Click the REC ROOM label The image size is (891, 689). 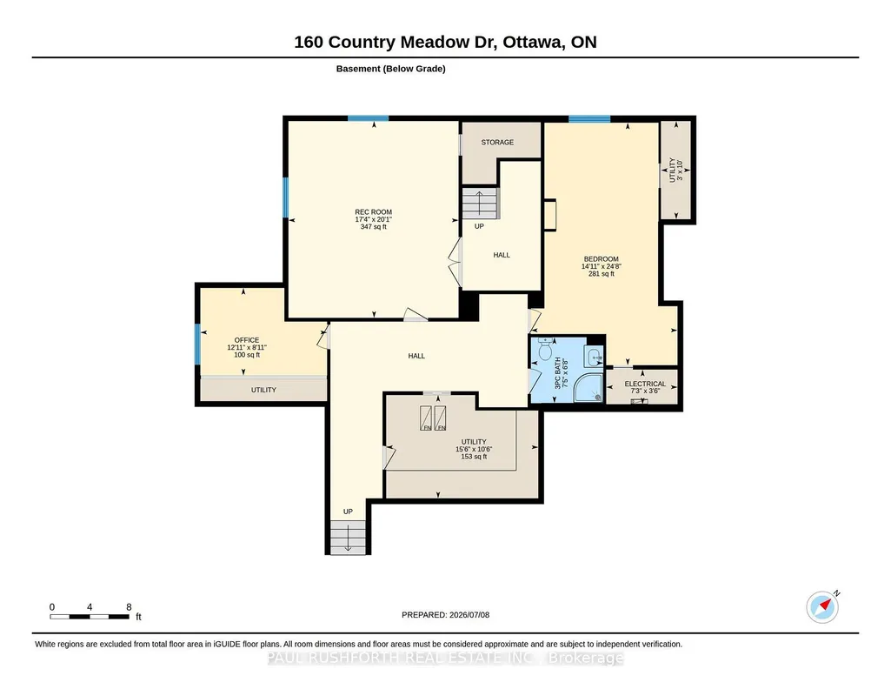click(x=373, y=212)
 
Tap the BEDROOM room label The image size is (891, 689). click(x=601, y=258)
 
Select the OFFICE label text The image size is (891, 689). click(x=247, y=340)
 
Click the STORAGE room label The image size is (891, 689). click(x=497, y=142)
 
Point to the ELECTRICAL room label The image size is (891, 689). click(x=645, y=384)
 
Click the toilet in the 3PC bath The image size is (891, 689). click(x=546, y=349)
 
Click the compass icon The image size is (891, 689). click(x=822, y=607)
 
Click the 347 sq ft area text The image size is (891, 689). click(x=373, y=227)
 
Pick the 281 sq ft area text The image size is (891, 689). click(x=602, y=273)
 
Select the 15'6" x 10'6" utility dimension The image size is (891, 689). click(x=474, y=449)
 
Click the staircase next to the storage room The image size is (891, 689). click(x=479, y=203)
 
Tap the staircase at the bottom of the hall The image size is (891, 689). click(x=348, y=538)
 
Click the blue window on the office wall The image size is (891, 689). click(x=197, y=344)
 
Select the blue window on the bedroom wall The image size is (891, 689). click(x=589, y=119)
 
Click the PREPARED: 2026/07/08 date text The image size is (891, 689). click(x=445, y=614)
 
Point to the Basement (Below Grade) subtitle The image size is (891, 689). click(x=390, y=69)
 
